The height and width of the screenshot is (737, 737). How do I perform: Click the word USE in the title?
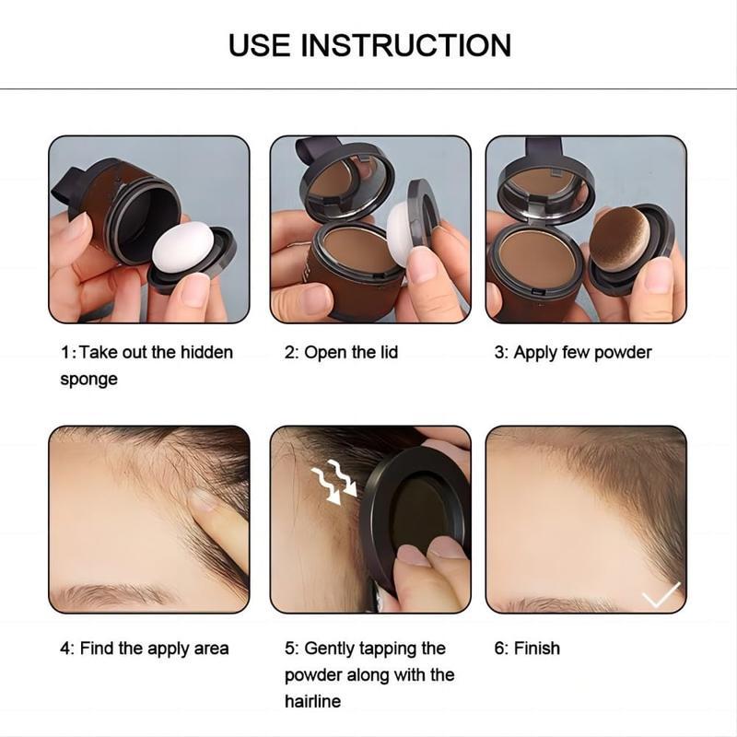(262, 44)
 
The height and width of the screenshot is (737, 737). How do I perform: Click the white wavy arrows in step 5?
(333, 481)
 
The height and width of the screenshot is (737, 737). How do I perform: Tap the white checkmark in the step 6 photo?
(661, 596)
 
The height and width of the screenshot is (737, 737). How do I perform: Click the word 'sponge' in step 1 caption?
(88, 380)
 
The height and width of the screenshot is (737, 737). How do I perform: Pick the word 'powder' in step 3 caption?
(619, 353)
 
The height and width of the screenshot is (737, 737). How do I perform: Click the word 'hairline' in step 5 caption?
(312, 702)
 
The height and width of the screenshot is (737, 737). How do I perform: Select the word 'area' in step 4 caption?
(210, 649)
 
